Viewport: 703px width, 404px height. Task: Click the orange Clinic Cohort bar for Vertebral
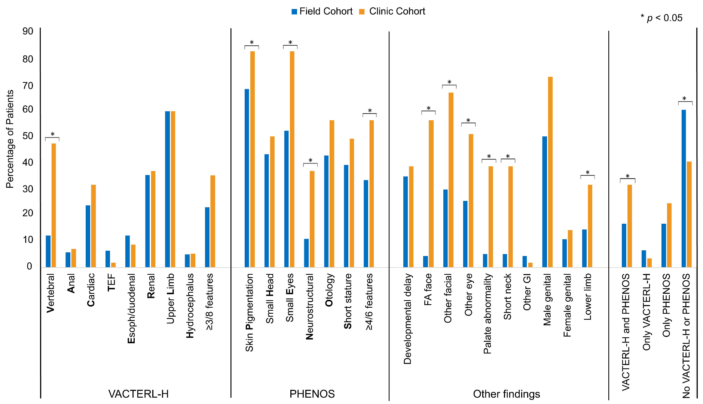[x=54, y=205]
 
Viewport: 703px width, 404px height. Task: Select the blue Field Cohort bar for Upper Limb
[x=167, y=189]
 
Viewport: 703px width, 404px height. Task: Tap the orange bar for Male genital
[x=550, y=172]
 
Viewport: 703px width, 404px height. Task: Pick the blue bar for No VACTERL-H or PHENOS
[x=684, y=189]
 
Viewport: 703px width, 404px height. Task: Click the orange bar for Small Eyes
[x=292, y=159]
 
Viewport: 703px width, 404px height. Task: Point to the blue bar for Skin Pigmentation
[x=247, y=178]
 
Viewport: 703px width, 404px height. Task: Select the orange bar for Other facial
[x=451, y=180]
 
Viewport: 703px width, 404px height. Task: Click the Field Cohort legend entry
[x=322, y=12]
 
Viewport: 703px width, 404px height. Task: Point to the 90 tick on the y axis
[x=28, y=31]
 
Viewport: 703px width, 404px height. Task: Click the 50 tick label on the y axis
[x=28, y=136]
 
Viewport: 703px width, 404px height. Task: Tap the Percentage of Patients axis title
[x=10, y=139]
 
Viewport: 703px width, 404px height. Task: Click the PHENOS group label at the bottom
[x=312, y=394]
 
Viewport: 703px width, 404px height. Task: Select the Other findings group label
[x=506, y=394]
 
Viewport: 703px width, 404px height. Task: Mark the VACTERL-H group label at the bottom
[x=138, y=394]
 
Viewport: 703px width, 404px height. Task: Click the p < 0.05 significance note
[x=661, y=18]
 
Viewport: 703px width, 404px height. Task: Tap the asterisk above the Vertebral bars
[x=52, y=134]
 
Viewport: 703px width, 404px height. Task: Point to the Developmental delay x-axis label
[x=407, y=319]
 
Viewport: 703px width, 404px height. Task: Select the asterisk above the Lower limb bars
[x=587, y=173]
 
